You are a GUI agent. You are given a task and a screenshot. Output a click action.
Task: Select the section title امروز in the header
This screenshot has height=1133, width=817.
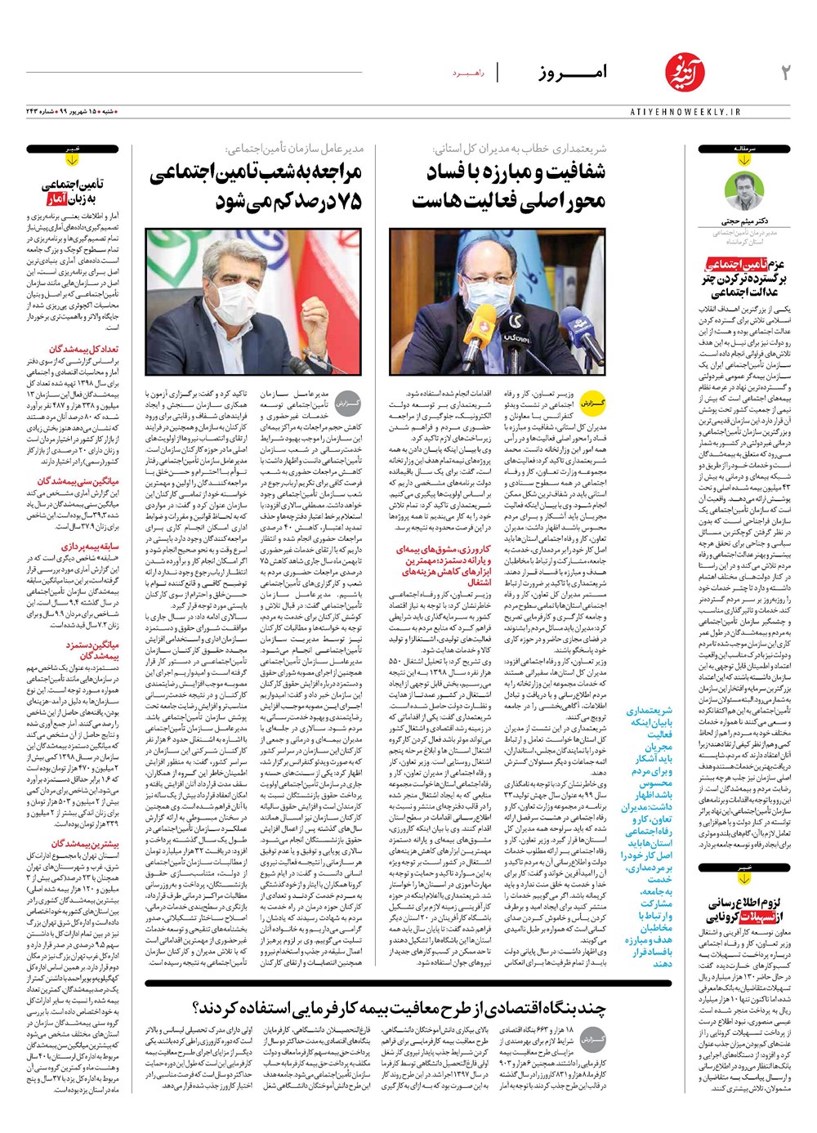573,73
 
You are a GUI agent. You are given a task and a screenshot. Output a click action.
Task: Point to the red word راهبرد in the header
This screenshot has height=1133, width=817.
469,74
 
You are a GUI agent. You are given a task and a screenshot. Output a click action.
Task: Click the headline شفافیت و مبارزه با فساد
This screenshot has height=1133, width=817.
516,172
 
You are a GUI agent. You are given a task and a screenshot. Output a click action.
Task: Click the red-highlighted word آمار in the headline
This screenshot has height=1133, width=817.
60,198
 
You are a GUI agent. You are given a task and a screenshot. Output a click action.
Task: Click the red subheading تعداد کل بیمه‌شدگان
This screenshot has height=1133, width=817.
84,349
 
